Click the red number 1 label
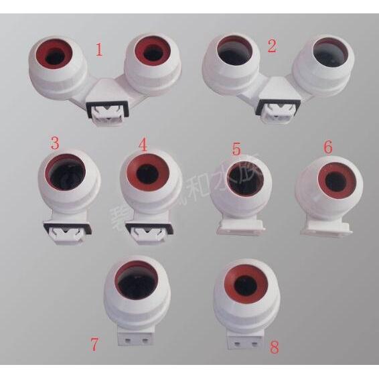99,50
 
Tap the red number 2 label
271,46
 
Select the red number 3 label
55,143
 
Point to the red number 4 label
142,144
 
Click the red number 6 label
327,146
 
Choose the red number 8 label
273,348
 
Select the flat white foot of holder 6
326,228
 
